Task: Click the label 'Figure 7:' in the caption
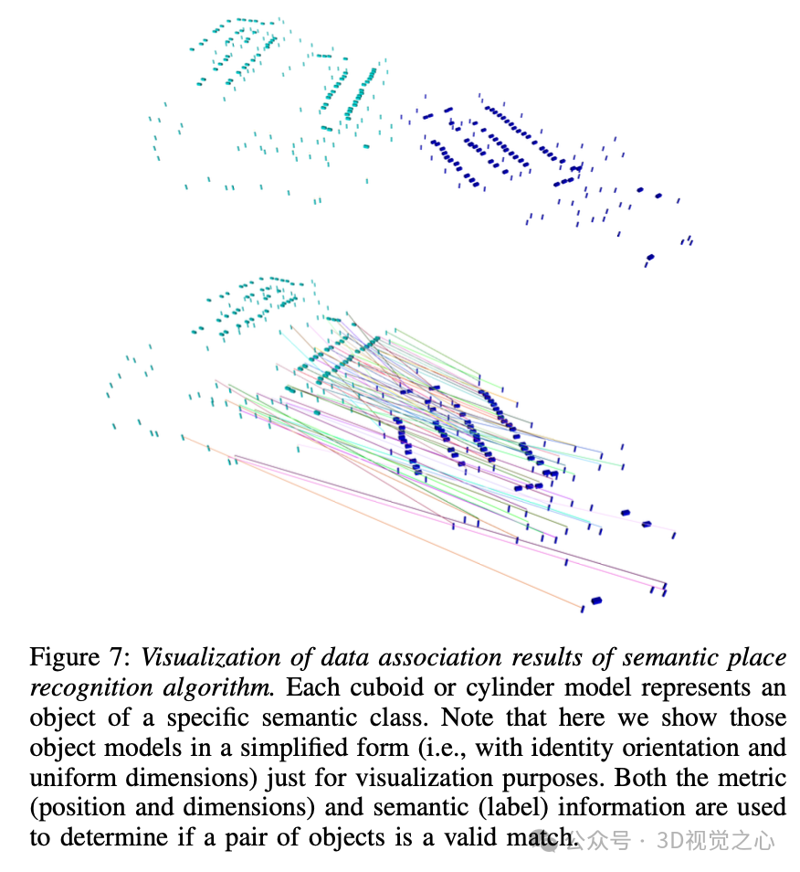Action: click(79, 657)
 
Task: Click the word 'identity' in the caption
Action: click(595, 748)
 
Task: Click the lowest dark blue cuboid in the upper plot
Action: click(650, 258)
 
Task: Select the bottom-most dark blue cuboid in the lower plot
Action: click(596, 601)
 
